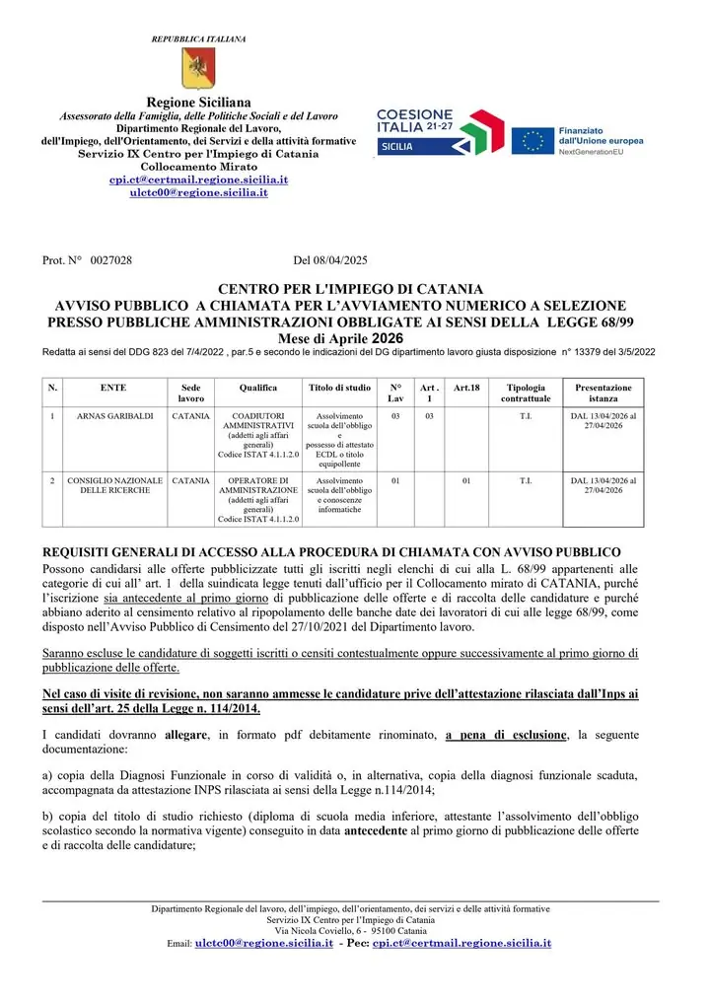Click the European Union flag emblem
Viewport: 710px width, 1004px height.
tap(533, 140)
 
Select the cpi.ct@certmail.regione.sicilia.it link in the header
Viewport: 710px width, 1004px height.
tap(198, 180)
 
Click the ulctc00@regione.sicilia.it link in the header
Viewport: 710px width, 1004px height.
tap(198, 193)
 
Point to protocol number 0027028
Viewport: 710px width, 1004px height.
tap(110, 260)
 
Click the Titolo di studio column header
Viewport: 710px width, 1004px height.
tap(339, 389)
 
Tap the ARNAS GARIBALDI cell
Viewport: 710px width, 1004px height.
tap(115, 417)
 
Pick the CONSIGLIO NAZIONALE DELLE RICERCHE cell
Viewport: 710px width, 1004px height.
tap(115, 487)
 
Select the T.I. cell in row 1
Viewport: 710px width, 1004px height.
tap(525, 417)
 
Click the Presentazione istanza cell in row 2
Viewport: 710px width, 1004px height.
tap(603, 487)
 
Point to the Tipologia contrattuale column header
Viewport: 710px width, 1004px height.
tap(525, 394)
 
